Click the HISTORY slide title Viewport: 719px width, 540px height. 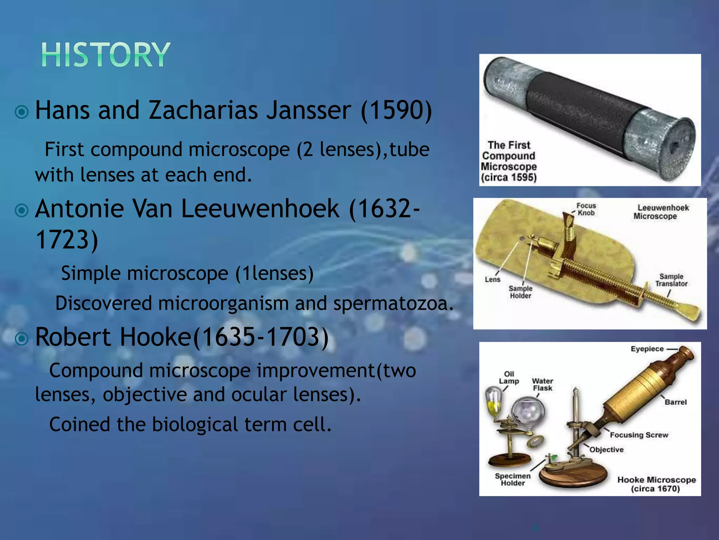[x=106, y=55]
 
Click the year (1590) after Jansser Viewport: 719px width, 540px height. [x=396, y=110]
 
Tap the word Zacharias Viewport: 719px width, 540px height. [x=203, y=110]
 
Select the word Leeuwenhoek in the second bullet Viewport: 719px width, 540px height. [x=260, y=209]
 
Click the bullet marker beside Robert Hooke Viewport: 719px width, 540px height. [x=22, y=339]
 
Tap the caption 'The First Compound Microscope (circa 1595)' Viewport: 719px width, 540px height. [x=509, y=161]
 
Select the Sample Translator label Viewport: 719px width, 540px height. [x=671, y=280]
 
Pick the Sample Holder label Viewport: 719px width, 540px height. [x=521, y=292]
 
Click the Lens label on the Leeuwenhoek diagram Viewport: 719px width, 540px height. [x=493, y=279]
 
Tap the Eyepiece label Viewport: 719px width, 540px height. [x=647, y=349]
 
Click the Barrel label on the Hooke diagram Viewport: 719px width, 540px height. [x=676, y=402]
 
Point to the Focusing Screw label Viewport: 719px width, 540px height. [x=639, y=435]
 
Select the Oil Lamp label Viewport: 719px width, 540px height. [x=509, y=378]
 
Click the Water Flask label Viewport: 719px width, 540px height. [x=542, y=385]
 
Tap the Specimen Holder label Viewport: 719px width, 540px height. [x=513, y=479]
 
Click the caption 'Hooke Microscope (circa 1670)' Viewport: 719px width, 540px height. [x=656, y=484]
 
